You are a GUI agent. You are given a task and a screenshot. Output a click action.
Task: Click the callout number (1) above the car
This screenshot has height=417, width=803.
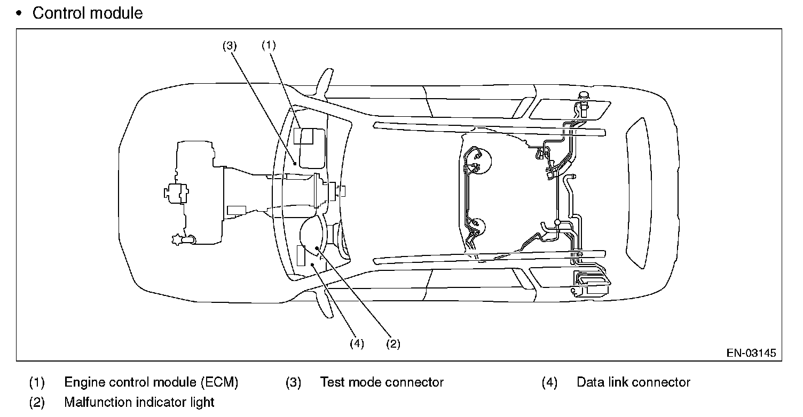click(x=269, y=45)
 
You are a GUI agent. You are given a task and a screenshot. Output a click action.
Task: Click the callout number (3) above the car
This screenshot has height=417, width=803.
click(x=230, y=45)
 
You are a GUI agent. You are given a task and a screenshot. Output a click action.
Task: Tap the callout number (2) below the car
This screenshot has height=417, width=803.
click(x=393, y=344)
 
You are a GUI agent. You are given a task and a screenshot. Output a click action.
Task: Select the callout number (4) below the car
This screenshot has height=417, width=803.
click(x=357, y=344)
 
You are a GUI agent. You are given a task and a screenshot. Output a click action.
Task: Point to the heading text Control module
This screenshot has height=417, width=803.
click(x=88, y=13)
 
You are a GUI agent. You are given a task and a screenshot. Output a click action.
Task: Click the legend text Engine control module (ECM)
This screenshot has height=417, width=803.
click(x=151, y=382)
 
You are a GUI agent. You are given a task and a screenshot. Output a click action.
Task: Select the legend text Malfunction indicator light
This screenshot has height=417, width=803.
click(x=139, y=402)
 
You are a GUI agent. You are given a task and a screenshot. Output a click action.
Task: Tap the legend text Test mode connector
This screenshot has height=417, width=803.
click(x=382, y=382)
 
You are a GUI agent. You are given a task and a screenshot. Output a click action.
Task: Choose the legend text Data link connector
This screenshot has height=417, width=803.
click(x=633, y=382)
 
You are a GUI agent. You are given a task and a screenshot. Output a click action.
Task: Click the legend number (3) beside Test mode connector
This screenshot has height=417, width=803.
click(x=293, y=382)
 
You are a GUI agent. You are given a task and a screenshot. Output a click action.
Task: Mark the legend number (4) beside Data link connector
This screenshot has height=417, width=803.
click(x=549, y=382)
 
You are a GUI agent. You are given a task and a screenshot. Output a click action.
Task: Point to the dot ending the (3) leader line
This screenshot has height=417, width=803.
click(x=295, y=165)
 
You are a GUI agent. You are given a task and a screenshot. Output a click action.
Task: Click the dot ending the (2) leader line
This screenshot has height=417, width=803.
click(x=318, y=248)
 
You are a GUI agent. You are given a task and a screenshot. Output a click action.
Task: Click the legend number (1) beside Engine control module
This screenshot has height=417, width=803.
click(x=37, y=382)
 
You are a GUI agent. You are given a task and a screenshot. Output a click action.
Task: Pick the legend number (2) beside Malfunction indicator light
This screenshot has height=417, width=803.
click(x=37, y=402)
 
